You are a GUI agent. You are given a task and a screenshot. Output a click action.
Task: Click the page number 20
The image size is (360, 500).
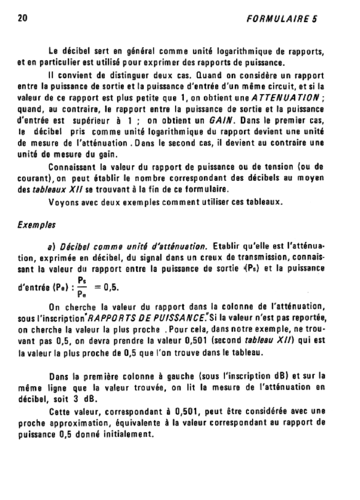click(22, 19)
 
